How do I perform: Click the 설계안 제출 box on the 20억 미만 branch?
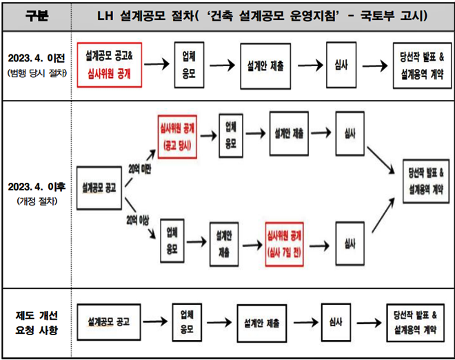(x=289, y=133)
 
